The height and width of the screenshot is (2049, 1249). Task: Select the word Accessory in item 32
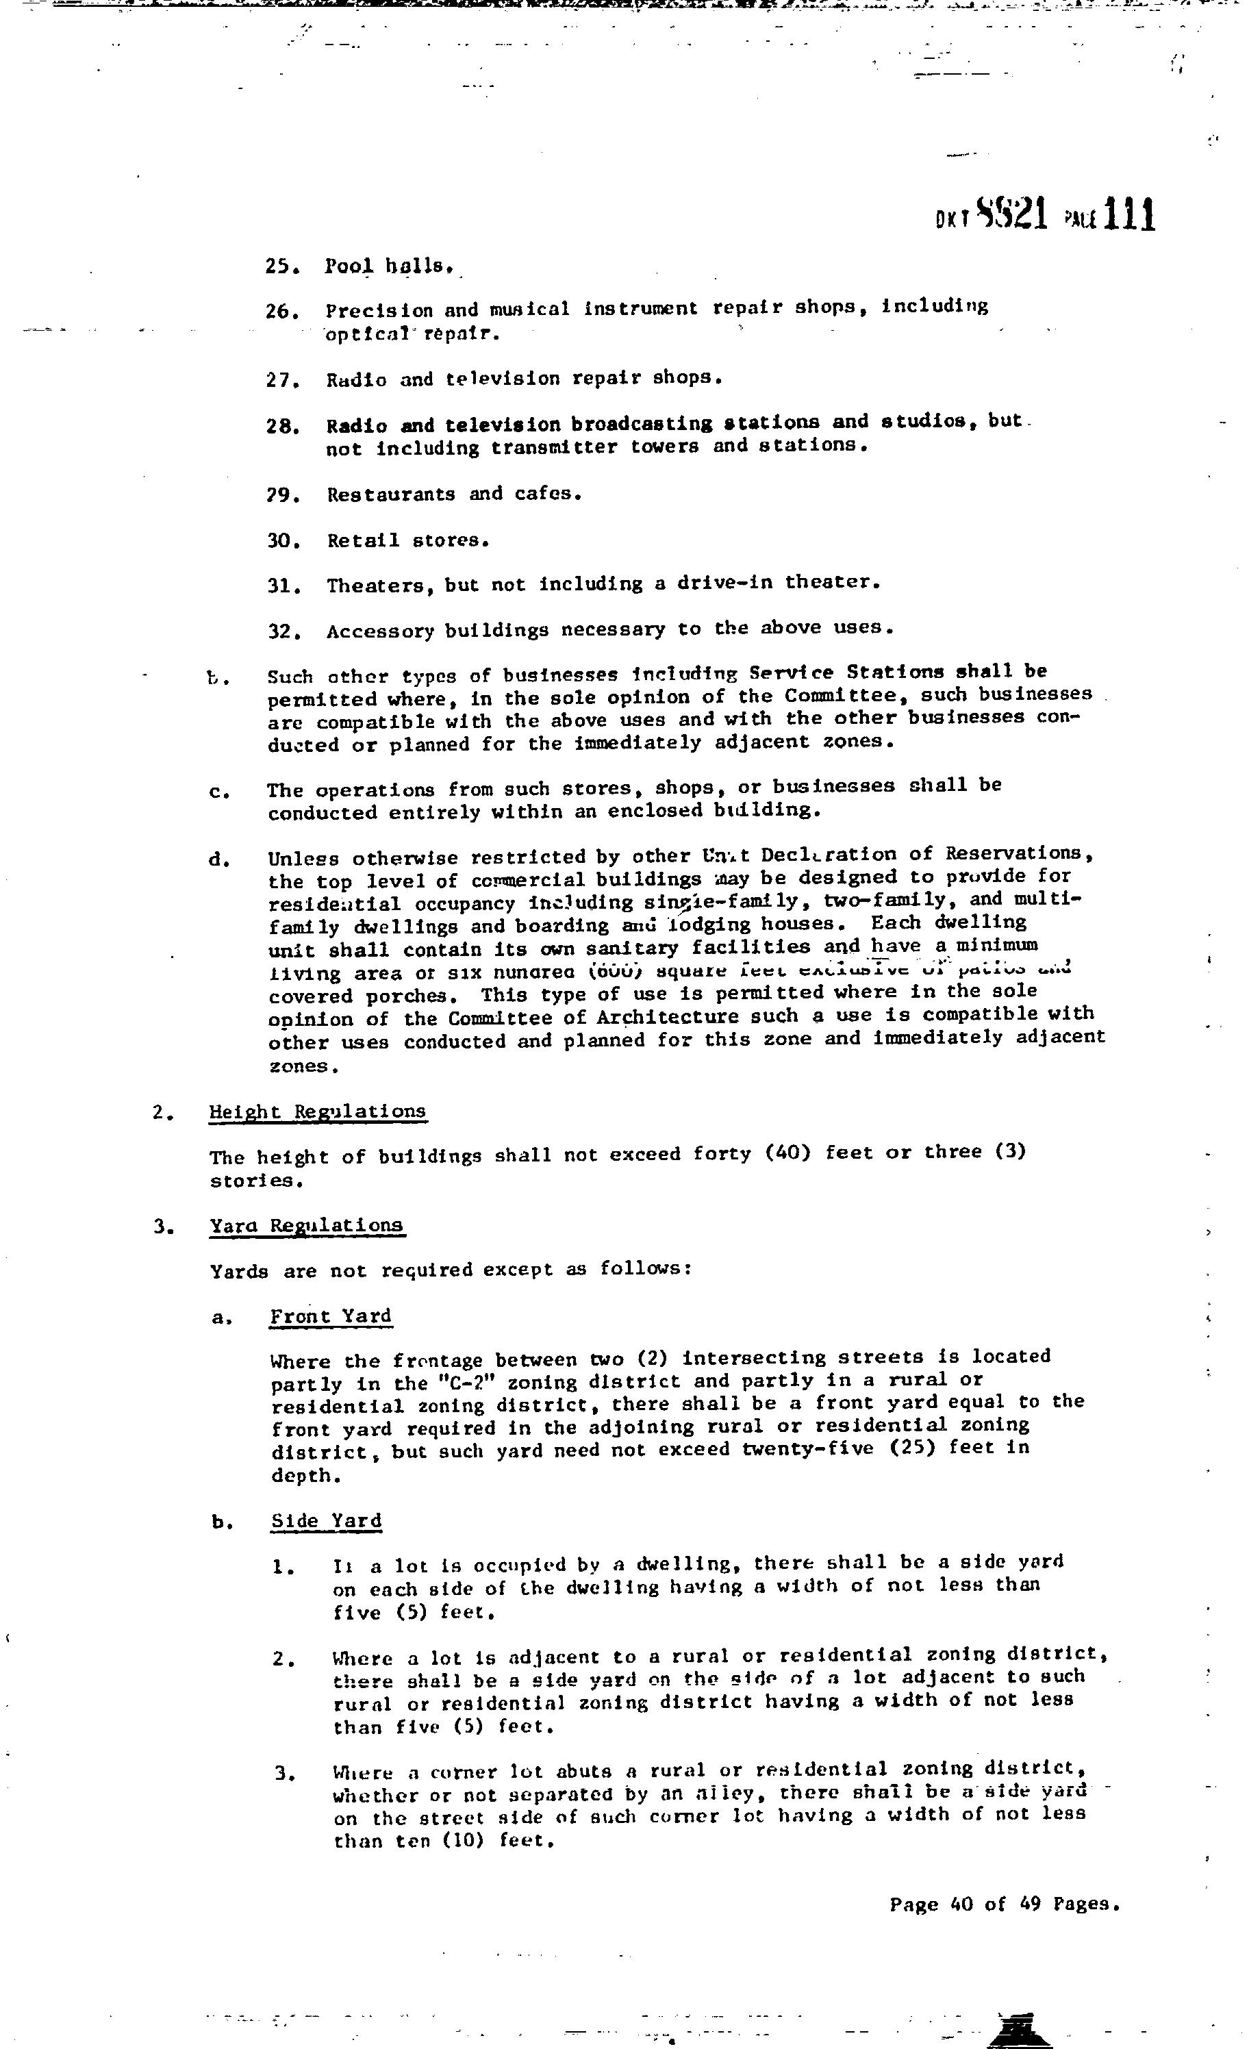(x=380, y=631)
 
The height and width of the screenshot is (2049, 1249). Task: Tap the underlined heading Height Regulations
(x=318, y=1112)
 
